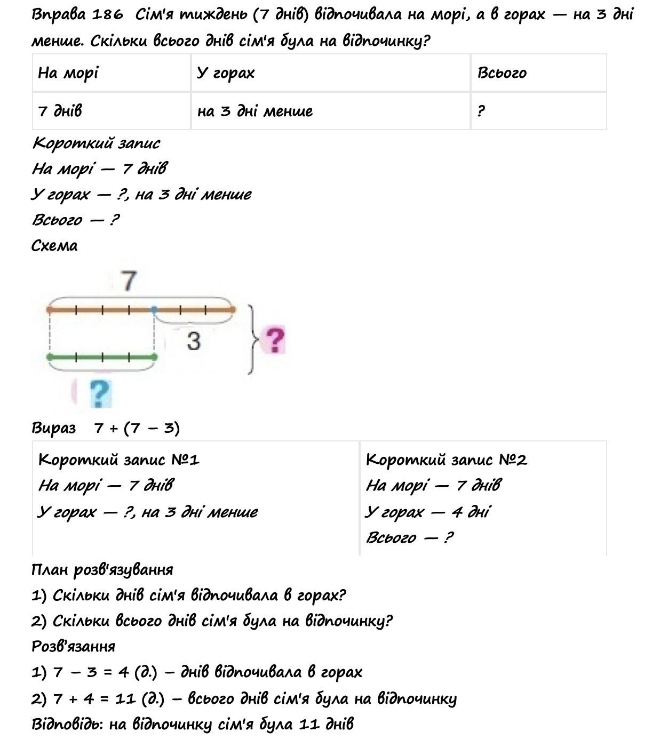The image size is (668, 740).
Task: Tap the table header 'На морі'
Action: pyautogui.click(x=68, y=73)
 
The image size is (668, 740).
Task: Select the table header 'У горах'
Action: pyautogui.click(x=225, y=73)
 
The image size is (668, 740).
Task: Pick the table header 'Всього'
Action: pyautogui.click(x=502, y=73)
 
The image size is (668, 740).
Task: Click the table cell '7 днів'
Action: pyautogui.click(x=60, y=111)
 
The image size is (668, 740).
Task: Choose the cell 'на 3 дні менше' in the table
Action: pyautogui.click(x=255, y=111)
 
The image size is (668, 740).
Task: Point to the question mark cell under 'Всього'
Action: pyautogui.click(x=481, y=111)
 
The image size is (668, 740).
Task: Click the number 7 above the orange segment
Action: pyautogui.click(x=129, y=280)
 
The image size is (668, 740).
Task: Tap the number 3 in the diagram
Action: pyautogui.click(x=193, y=340)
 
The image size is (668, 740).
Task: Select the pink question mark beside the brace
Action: pyautogui.click(x=274, y=340)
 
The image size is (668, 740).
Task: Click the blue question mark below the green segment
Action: pyautogui.click(x=99, y=393)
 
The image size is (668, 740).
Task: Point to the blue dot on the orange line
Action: pyautogui.click(x=154, y=309)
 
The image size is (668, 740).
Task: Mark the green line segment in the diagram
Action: pyautogui.click(x=101, y=356)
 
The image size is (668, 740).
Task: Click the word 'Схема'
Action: pyautogui.click(x=54, y=246)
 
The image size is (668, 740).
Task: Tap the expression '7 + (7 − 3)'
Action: pyautogui.click(x=137, y=428)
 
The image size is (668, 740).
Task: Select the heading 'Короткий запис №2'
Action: pyautogui.click(x=446, y=460)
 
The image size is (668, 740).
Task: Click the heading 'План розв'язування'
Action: pyautogui.click(x=102, y=569)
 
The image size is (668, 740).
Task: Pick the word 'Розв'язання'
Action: pyautogui.click(x=74, y=647)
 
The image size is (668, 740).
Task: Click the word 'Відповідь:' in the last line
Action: pyautogui.click(x=67, y=724)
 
